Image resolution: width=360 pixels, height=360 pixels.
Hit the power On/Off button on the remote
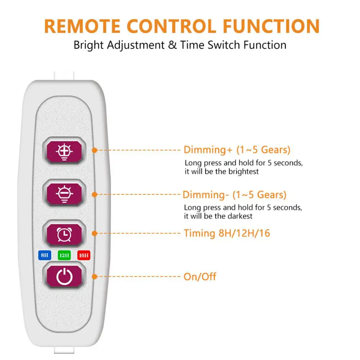coord(64,277)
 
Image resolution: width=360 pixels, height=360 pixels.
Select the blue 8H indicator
coord(44,256)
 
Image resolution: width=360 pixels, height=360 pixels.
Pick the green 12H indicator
coord(64,256)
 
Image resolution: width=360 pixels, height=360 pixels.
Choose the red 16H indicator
coord(84,256)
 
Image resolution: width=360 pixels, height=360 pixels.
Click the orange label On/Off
coord(200,277)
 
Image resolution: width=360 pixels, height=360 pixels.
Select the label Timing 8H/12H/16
coord(227,233)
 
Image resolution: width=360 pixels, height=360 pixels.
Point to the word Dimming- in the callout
coord(204,195)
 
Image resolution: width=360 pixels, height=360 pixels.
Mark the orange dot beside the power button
coord(95,277)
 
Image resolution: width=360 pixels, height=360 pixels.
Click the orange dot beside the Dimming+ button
coord(95,150)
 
